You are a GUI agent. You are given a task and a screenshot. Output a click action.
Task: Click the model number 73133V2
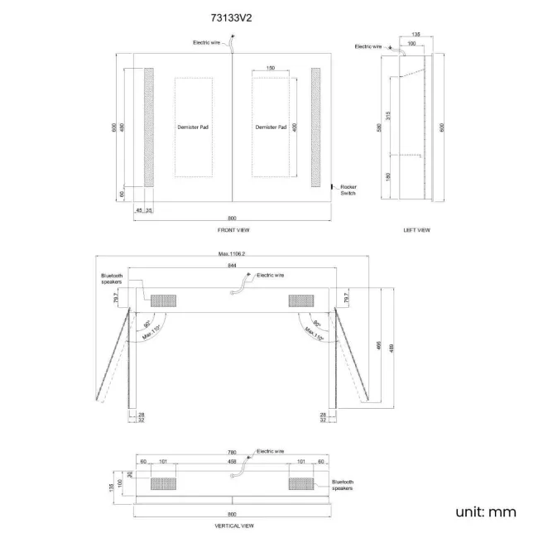click(x=233, y=16)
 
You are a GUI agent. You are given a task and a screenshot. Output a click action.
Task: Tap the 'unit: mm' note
click(x=486, y=512)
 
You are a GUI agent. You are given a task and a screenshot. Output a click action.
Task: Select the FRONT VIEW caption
click(x=233, y=229)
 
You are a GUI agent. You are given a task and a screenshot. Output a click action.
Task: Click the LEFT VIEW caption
click(x=416, y=229)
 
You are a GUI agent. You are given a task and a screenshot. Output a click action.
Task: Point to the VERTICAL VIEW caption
click(x=233, y=526)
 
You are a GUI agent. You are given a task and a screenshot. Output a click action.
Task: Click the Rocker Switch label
click(x=348, y=190)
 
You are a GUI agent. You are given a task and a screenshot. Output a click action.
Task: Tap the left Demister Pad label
click(x=193, y=127)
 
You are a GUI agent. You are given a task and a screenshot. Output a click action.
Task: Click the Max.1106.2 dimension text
click(x=233, y=254)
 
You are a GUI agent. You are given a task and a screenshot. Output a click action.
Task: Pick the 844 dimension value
click(x=233, y=265)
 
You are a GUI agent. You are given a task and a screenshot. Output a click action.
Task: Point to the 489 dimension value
click(x=391, y=348)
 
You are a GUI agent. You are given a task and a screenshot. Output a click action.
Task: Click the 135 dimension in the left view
click(x=416, y=34)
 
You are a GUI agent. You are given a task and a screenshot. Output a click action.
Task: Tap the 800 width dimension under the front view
click(x=233, y=219)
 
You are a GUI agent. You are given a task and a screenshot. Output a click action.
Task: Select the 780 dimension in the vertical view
click(x=233, y=454)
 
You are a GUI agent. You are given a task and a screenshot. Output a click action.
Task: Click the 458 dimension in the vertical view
click(x=233, y=462)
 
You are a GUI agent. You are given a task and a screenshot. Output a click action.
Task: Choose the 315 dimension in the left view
click(x=389, y=115)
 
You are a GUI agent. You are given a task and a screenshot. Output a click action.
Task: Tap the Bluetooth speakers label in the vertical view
click(x=343, y=485)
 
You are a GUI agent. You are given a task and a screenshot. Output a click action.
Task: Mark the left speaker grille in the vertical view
click(x=163, y=483)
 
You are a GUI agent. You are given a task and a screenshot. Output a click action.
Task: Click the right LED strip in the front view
click(x=315, y=127)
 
